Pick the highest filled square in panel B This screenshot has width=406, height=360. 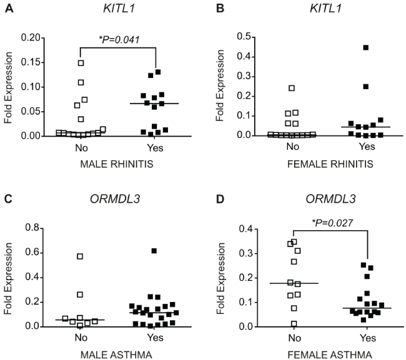366,47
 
